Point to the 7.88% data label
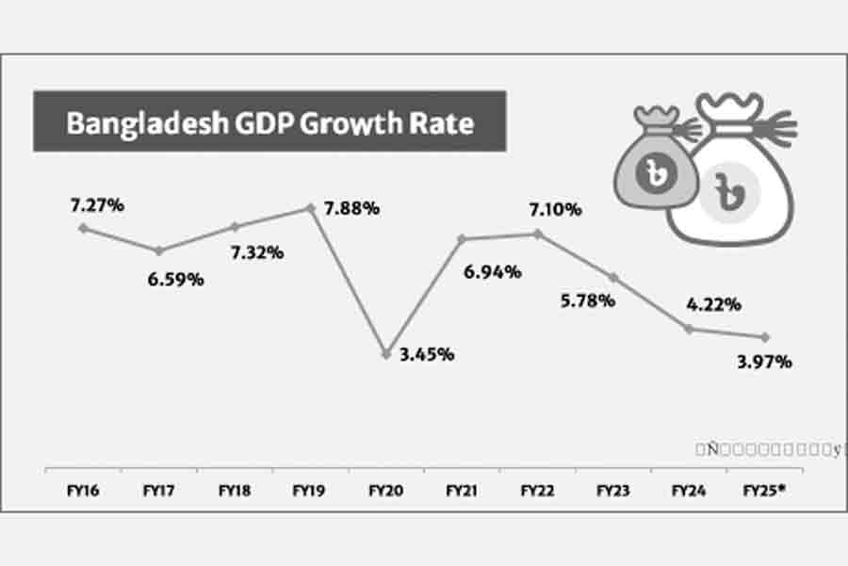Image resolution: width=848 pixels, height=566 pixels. click(x=351, y=208)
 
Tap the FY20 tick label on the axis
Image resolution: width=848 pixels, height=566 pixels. click(x=383, y=491)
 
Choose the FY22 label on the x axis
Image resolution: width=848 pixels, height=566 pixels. click(x=538, y=491)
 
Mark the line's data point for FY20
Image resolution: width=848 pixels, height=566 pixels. click(x=385, y=353)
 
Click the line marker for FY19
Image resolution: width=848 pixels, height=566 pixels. click(x=310, y=207)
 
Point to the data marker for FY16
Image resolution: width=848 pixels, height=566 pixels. click(x=83, y=228)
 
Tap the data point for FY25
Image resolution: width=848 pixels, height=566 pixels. click(x=765, y=337)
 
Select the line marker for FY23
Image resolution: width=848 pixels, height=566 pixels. click(x=613, y=277)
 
